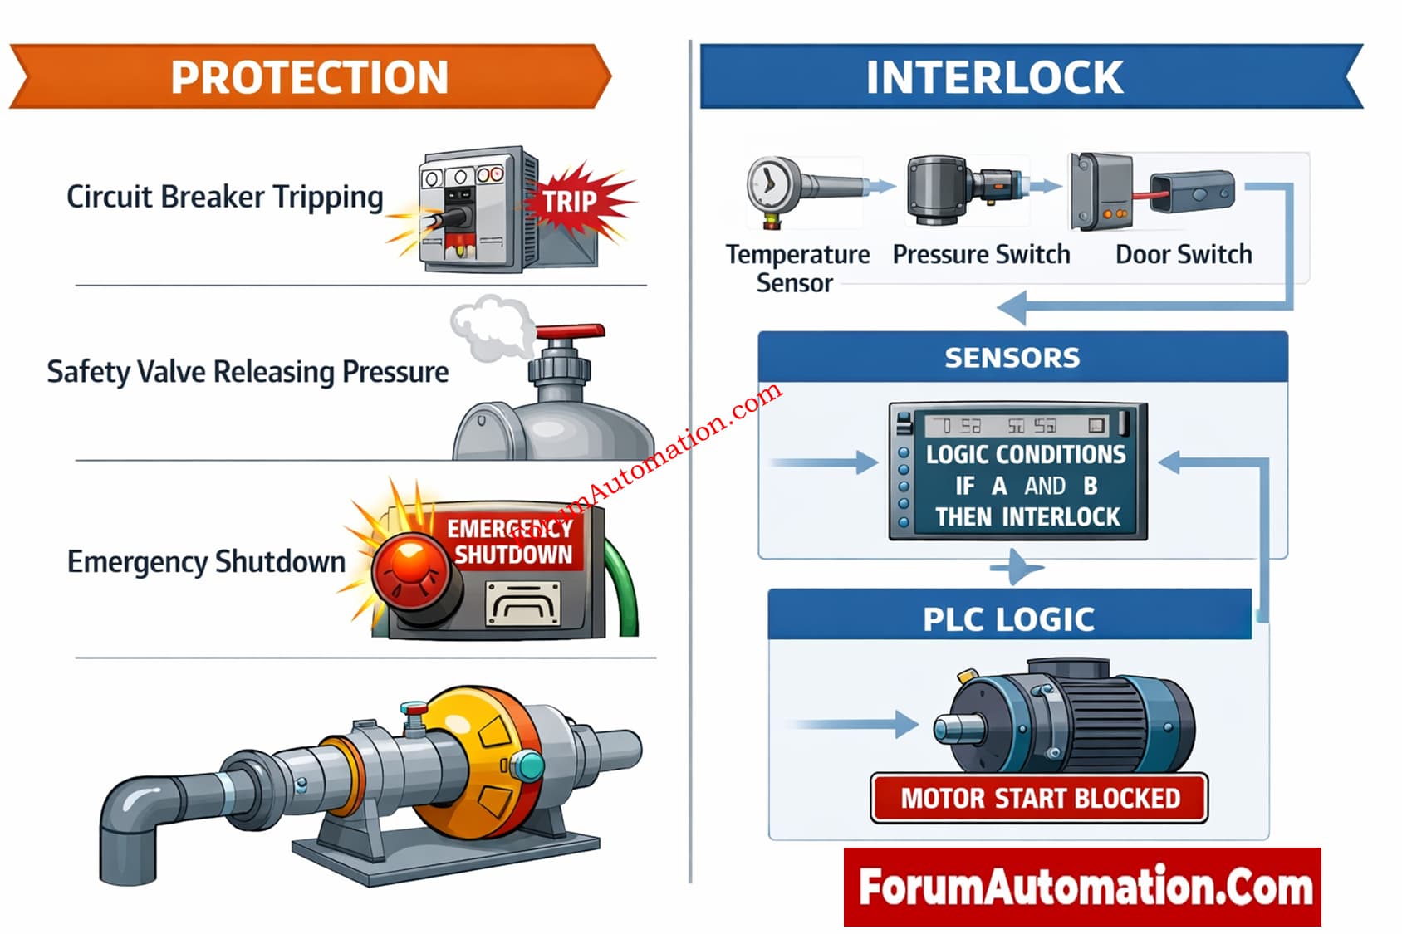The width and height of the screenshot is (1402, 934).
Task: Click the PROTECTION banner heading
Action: [x=309, y=77]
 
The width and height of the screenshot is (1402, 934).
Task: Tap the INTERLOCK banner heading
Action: [x=994, y=77]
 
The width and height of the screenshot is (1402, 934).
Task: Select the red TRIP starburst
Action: [x=571, y=200]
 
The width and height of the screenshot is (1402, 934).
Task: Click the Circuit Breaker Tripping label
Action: [x=224, y=198]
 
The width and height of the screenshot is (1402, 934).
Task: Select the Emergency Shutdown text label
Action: [x=206, y=562]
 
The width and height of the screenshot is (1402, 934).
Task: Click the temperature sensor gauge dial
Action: [x=768, y=183]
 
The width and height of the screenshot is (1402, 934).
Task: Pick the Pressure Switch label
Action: [x=981, y=254]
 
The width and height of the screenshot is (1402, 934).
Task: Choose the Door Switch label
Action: [x=1184, y=254]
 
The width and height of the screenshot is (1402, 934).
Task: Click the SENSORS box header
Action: [x=1012, y=358]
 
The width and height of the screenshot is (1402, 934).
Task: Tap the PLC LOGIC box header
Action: [x=1009, y=619]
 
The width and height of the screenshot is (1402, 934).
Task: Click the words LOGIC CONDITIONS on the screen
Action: [x=1026, y=455]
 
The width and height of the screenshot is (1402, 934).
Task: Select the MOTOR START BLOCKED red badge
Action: [x=1040, y=799]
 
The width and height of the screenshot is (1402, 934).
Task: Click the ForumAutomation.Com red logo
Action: [x=1082, y=887]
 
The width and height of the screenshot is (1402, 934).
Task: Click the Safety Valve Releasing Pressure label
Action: [x=248, y=372]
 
